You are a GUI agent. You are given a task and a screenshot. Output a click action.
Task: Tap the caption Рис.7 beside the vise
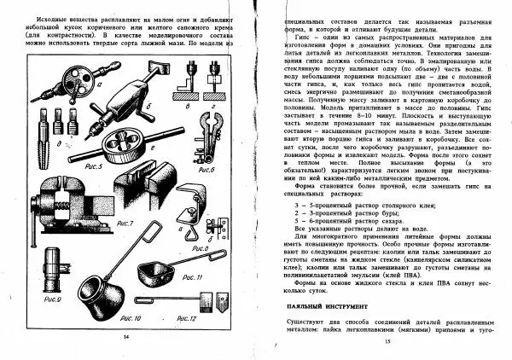pyautogui.click(x=125, y=223)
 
